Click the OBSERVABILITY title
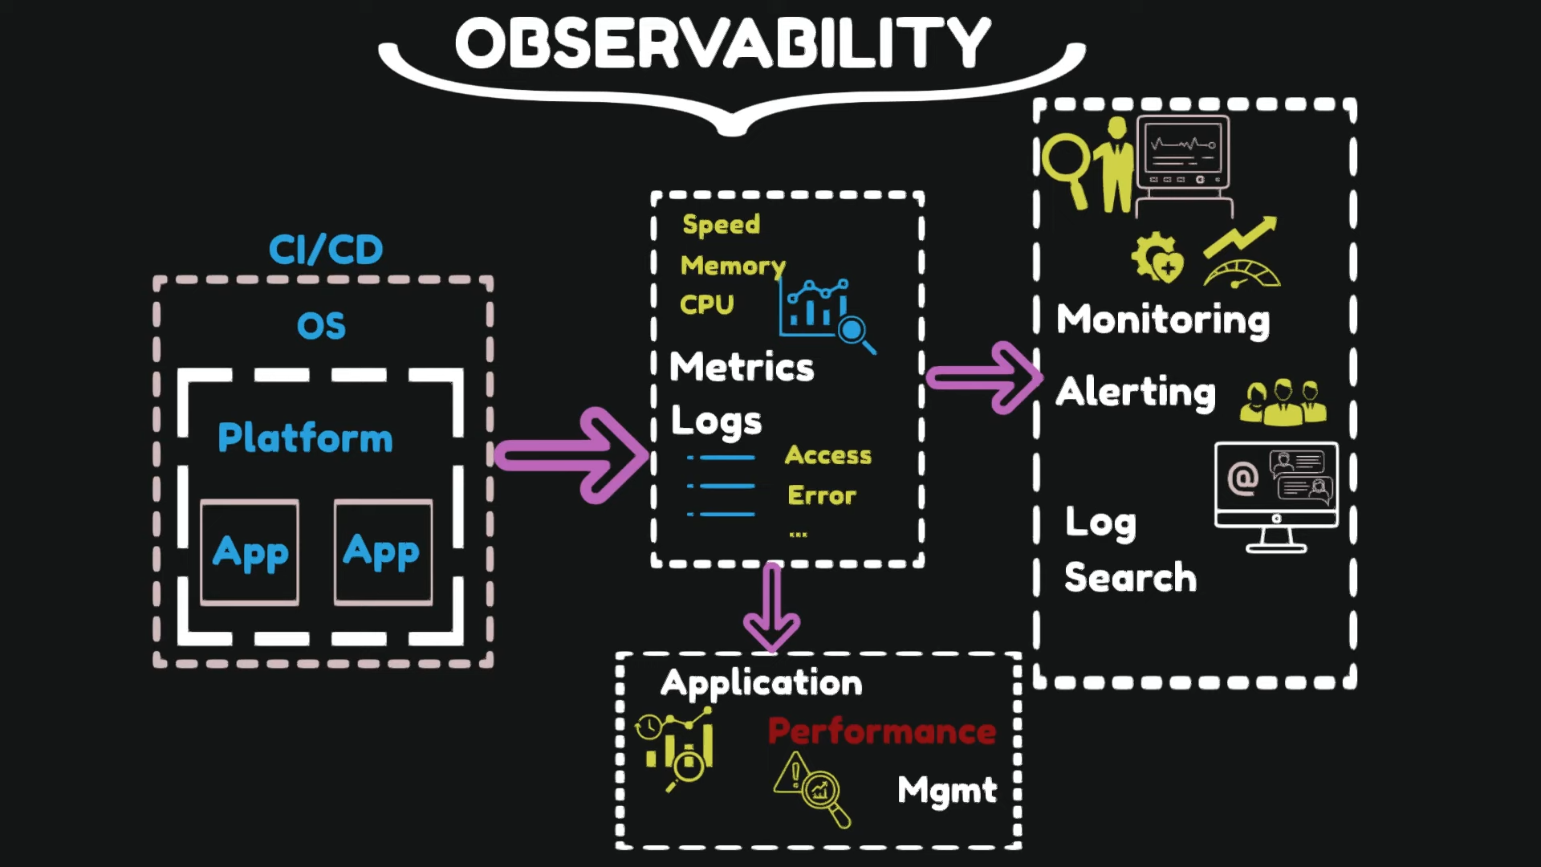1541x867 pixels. click(x=722, y=43)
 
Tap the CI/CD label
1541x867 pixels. click(x=326, y=250)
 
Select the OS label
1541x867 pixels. click(x=321, y=326)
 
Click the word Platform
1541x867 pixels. click(x=305, y=438)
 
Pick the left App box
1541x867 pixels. click(x=250, y=552)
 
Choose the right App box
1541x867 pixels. click(x=383, y=552)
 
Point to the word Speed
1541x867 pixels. click(x=721, y=225)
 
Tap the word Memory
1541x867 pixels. click(x=732, y=265)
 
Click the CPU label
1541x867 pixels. click(x=706, y=305)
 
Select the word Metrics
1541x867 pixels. click(x=742, y=367)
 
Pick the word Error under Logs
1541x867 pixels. click(x=821, y=495)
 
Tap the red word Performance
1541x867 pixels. click(x=881, y=731)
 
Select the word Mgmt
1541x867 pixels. click(x=947, y=791)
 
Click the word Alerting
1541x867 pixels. click(x=1135, y=393)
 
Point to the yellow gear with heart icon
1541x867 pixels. click(x=1157, y=257)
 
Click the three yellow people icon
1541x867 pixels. click(x=1283, y=401)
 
